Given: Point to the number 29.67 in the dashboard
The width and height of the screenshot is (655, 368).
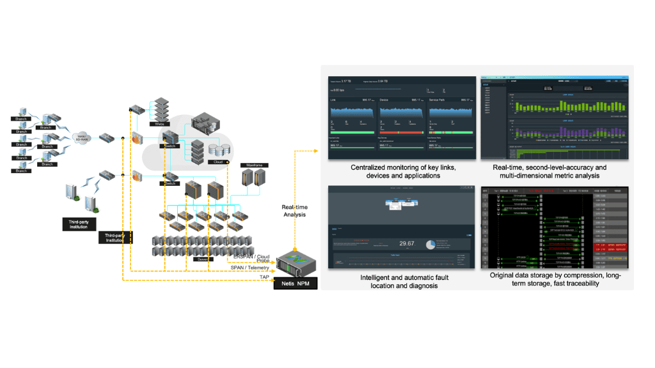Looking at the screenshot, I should [407, 243].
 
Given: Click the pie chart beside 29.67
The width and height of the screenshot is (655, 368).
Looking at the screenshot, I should [429, 245].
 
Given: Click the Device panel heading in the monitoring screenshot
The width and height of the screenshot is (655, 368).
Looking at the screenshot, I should [384, 100].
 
